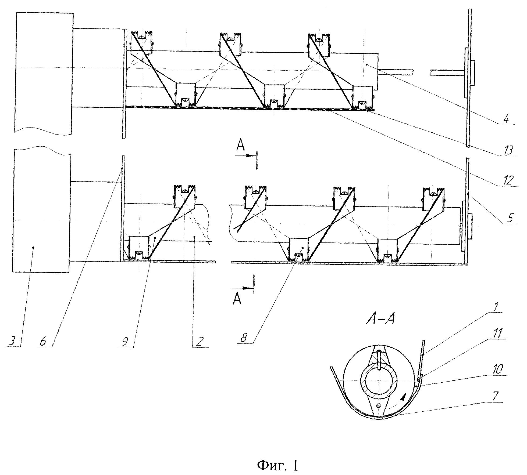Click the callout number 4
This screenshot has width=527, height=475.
click(x=506, y=118)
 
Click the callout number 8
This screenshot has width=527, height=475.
click(x=244, y=338)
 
